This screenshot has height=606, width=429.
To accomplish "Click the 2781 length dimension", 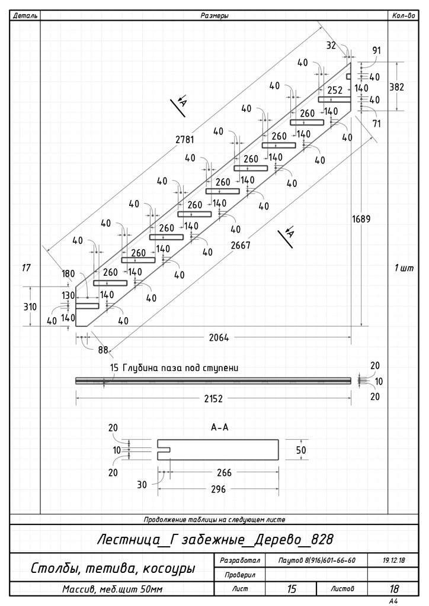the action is click(x=185, y=140).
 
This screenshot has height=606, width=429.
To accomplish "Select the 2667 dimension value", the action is click(x=241, y=245).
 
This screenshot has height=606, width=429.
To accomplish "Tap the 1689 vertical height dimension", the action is click(x=361, y=219).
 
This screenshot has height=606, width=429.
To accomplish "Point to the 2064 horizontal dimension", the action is click(x=219, y=338).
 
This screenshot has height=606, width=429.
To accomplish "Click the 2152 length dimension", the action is click(x=213, y=398).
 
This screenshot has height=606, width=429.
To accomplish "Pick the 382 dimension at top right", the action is click(x=396, y=87).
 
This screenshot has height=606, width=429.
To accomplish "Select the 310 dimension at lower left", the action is click(x=30, y=307).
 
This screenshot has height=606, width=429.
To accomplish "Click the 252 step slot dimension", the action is click(x=335, y=90).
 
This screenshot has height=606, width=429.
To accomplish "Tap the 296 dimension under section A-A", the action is click(x=218, y=489).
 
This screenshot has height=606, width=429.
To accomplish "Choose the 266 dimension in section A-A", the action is click(x=224, y=472).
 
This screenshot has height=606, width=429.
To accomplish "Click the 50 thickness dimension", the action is click(x=301, y=450).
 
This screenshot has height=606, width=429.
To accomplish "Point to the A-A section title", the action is click(x=220, y=427).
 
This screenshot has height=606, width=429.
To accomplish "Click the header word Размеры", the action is click(x=214, y=16).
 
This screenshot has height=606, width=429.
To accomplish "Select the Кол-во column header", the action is click(x=404, y=16).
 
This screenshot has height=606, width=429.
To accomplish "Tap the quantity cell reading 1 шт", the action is click(x=404, y=268).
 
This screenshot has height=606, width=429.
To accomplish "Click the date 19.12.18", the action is click(x=393, y=560).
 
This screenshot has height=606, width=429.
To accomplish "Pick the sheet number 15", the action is click(x=292, y=589).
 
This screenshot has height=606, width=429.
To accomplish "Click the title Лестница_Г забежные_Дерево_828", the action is click(x=215, y=539).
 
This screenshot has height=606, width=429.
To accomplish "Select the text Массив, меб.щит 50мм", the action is click(x=112, y=589).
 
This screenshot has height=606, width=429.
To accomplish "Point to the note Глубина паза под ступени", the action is click(x=180, y=368).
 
